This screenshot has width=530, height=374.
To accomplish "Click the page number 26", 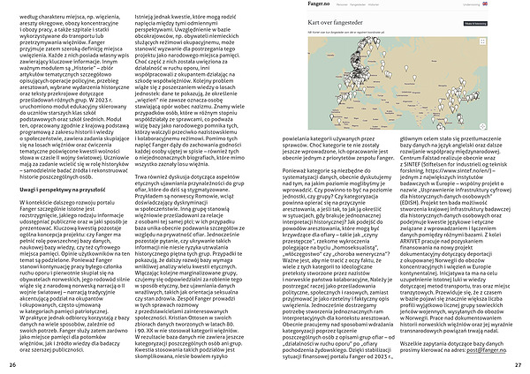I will click(x=11, y=364).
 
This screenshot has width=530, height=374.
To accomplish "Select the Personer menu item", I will click(x=341, y=5).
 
